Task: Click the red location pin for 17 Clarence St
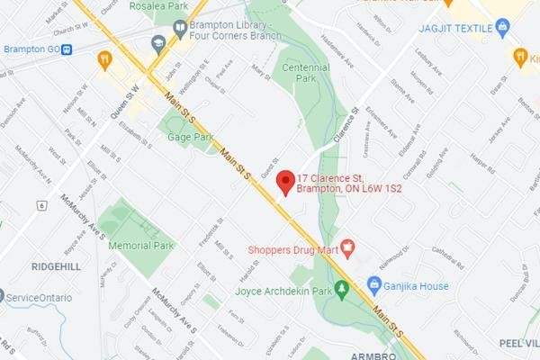click(x=284, y=182)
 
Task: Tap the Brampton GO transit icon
click(x=67, y=49)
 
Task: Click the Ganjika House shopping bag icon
click(x=373, y=286)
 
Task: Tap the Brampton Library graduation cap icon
click(x=159, y=41)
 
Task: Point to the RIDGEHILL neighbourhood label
click(x=56, y=267)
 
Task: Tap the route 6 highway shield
click(x=41, y=205)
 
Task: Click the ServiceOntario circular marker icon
click(x=3, y=296)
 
